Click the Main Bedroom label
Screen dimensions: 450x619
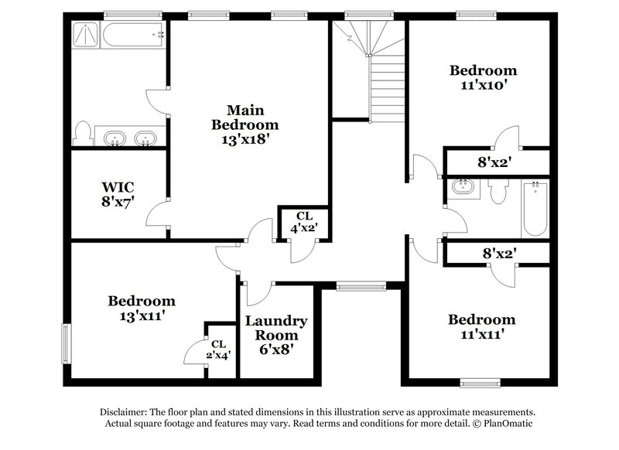click(245, 117)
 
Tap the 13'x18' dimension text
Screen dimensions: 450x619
click(245, 140)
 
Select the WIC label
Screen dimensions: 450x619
click(118, 186)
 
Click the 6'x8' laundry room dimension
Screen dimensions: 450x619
click(276, 349)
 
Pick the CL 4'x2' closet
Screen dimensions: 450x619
click(303, 222)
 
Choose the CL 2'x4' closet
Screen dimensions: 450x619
click(218, 349)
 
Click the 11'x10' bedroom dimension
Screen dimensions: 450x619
click(484, 85)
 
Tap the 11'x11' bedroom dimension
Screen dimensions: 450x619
click(482, 334)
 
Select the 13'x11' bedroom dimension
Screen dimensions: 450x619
click(141, 315)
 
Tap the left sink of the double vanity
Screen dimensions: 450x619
click(115, 138)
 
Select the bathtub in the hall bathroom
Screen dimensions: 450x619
click(534, 209)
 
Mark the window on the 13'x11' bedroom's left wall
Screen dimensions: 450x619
click(67, 340)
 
